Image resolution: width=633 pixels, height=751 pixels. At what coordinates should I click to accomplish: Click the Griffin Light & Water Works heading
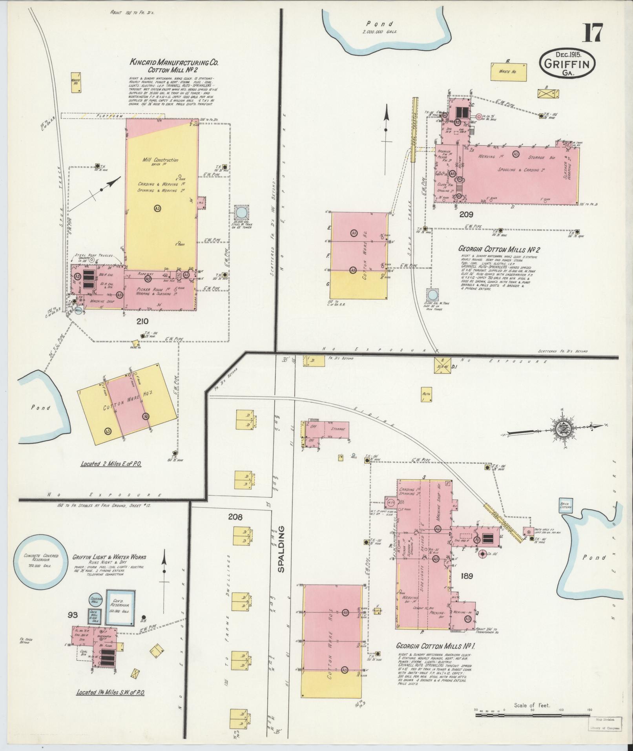[x=109, y=557]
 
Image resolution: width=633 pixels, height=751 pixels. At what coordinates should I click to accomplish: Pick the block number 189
[x=467, y=576]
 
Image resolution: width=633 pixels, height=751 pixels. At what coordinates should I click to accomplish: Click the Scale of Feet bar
[x=533, y=716]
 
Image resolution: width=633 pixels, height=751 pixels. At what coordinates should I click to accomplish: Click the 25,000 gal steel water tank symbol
[x=241, y=213]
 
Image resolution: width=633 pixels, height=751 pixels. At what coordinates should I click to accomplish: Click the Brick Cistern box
[x=566, y=505]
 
